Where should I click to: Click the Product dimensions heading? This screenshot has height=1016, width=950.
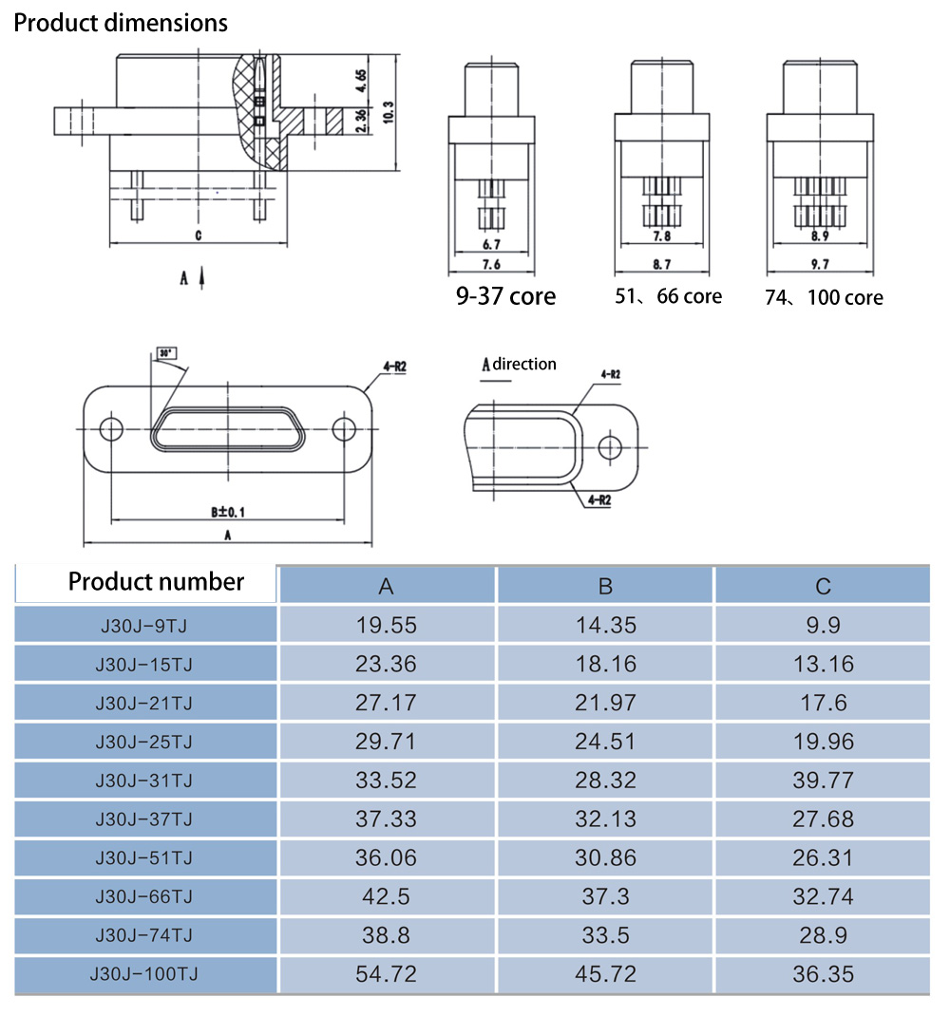121,23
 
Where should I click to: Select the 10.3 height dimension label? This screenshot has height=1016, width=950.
388,113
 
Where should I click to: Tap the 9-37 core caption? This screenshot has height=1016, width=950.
505,296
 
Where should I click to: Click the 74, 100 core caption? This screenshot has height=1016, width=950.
824,298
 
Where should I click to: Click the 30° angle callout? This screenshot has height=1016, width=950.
166,353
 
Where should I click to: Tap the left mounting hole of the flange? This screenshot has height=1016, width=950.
111,429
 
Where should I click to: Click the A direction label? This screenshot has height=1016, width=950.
519,365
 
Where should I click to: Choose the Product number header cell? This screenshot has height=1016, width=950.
156,582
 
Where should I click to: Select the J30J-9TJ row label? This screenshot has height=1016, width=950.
144,625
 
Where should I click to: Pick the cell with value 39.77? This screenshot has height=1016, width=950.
823,781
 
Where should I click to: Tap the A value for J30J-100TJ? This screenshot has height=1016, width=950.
386,974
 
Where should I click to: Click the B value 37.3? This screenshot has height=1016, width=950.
605,896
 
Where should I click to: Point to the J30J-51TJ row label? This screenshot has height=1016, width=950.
144,858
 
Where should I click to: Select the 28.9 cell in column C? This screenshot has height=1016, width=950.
823,935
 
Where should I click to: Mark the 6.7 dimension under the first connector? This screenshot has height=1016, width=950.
492,245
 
